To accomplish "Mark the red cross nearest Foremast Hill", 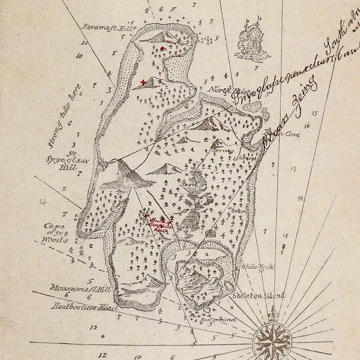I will click(x=163, y=48).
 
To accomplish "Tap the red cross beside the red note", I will click(x=146, y=215).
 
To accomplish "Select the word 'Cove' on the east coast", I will click(x=292, y=134).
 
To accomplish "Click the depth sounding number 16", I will click(x=307, y=127).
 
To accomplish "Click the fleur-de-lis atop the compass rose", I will click(x=273, y=313).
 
